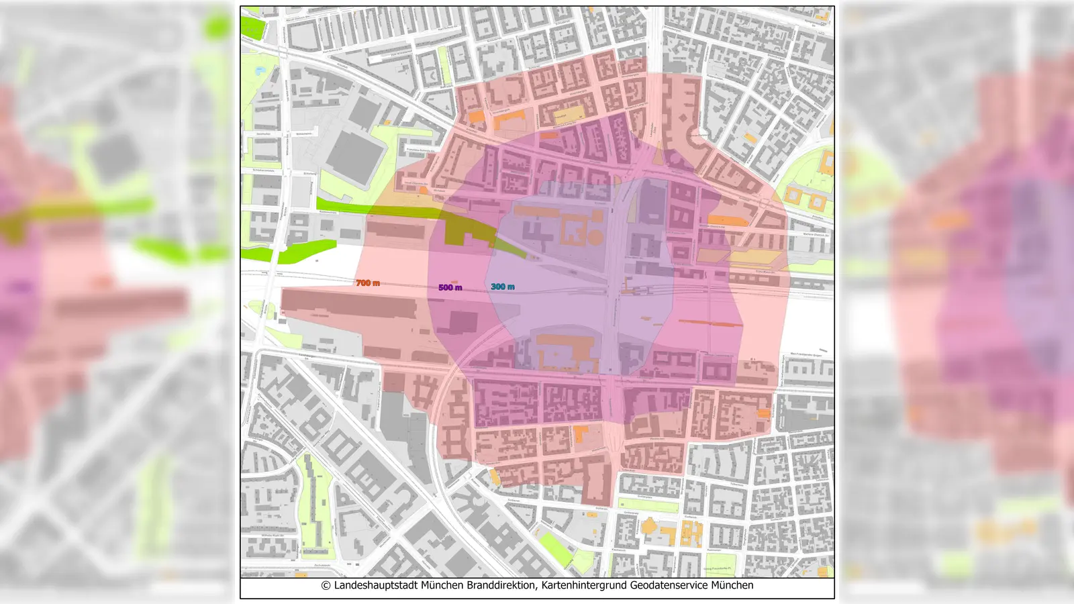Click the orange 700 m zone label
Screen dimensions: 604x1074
point(368,283)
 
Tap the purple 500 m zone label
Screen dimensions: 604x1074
point(450,287)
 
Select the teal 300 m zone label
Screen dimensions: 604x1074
point(502,287)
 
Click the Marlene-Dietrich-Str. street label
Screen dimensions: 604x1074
point(816,235)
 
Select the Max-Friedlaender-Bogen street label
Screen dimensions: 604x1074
point(805,354)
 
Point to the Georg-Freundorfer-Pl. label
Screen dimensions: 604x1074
point(717,569)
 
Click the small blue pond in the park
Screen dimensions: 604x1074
point(259,69)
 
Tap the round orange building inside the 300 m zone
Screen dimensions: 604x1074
point(595,236)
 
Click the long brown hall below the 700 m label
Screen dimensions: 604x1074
point(349,305)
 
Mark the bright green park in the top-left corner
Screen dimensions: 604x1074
point(252,27)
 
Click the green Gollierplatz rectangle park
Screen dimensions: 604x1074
point(647,505)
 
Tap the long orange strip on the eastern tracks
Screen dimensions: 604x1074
point(710,323)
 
